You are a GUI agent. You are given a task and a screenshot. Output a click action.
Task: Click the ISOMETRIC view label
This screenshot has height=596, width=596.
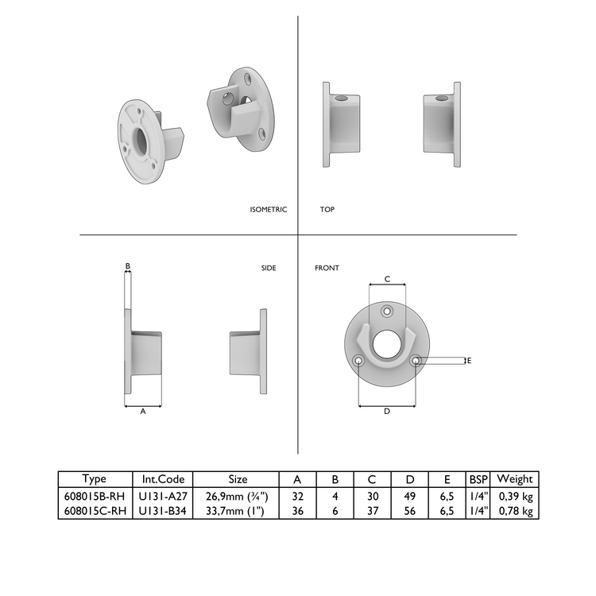[268, 210]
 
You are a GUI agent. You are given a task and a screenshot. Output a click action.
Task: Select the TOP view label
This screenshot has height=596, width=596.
[327, 210]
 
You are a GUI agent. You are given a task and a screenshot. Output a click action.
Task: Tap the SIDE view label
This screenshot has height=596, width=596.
[269, 269]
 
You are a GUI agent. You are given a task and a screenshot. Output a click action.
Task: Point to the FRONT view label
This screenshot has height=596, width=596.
[327, 269]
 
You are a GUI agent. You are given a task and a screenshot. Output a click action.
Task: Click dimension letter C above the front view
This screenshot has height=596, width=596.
[387, 279]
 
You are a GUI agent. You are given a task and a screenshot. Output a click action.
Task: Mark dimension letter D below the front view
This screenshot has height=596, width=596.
[387, 411]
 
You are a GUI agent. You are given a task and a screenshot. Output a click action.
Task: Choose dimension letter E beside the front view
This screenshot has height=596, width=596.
[469, 360]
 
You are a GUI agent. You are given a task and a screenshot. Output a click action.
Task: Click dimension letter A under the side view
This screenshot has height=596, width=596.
[143, 412]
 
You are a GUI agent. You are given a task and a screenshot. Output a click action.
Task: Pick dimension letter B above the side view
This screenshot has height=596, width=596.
[127, 266]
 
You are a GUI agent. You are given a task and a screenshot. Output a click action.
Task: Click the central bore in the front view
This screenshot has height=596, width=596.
[387, 343]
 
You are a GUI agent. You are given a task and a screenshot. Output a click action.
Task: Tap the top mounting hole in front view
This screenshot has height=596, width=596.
[387, 311]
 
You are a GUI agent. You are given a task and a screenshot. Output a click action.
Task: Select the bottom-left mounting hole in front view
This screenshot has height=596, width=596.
[359, 361]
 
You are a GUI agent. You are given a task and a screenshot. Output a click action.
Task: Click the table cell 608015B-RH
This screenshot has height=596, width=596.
[94, 496]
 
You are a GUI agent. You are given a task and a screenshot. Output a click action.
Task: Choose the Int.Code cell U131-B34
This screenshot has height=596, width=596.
[162, 512]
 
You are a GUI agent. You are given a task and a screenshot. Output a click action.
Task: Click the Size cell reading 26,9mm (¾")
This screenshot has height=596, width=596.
[238, 496]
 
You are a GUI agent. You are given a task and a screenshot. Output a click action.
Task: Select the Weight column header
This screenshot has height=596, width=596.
[515, 479]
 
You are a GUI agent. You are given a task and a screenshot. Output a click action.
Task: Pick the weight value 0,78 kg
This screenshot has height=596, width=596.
[515, 512]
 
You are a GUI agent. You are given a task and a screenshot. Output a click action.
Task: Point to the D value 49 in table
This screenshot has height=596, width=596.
[409, 496]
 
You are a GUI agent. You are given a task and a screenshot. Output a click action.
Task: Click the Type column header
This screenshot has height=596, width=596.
[94, 479]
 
